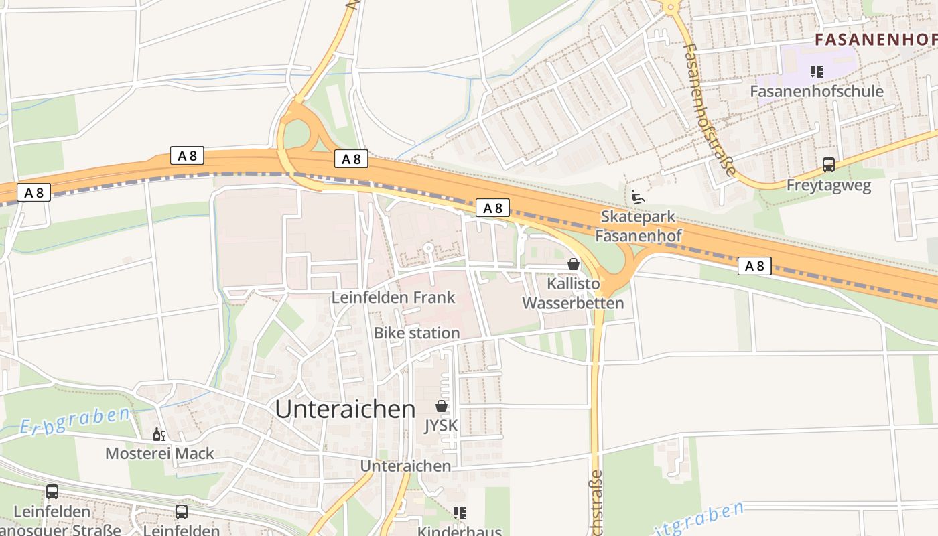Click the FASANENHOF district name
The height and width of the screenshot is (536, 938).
tap(876, 40)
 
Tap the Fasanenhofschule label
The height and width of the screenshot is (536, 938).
tap(817, 91)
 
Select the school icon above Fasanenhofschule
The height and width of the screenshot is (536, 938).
tap(816, 71)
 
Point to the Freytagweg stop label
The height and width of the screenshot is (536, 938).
tap(828, 186)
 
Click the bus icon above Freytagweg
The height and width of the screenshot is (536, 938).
tap(829, 165)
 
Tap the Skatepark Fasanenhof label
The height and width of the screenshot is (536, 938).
tap(638, 226)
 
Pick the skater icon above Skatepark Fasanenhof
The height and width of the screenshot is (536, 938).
tap(638, 197)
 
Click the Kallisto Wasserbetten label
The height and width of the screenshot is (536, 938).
tap(573, 293)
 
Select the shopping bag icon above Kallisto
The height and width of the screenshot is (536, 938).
tap(574, 264)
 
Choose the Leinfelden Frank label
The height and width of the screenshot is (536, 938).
tap(393, 297)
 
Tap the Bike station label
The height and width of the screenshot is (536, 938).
tap(417, 333)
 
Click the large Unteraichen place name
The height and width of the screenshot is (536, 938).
tap(345, 409)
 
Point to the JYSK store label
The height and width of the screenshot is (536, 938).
tap(441, 426)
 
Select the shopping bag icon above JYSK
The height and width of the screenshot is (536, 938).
tap(442, 406)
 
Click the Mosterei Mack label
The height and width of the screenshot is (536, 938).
tap(159, 454)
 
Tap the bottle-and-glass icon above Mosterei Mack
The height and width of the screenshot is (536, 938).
tap(159, 435)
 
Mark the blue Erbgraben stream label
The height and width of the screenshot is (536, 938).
tap(74, 421)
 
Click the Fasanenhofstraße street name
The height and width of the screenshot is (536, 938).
tap(710, 109)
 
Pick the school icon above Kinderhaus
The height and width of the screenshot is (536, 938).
tap(459, 513)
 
